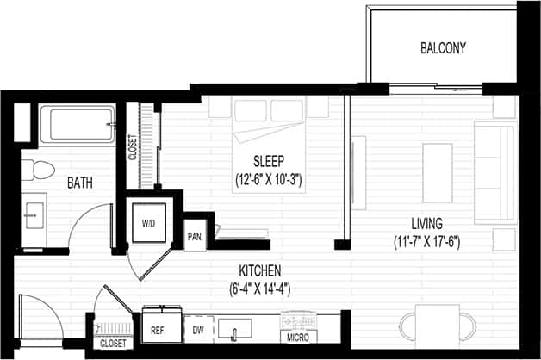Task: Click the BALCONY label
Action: click(443, 48)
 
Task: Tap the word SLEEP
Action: click(269, 161)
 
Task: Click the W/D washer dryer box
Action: click(148, 222)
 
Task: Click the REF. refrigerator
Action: click(158, 329)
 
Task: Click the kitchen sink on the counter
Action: click(233, 327)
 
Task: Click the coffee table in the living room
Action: click(438, 164)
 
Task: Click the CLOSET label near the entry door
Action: click(113, 343)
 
